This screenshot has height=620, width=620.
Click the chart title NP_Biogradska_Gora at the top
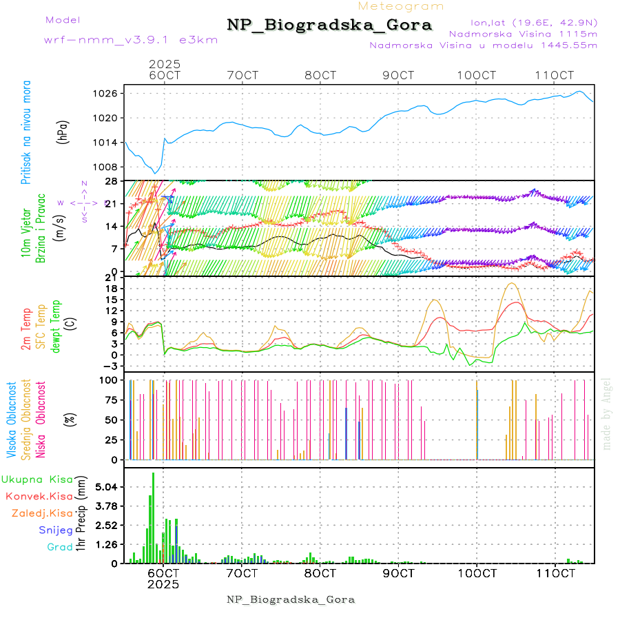tap(329, 25)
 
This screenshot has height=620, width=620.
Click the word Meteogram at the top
tap(402, 6)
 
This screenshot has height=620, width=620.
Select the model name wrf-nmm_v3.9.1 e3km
tap(130, 39)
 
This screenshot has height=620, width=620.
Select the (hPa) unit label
tap(63, 132)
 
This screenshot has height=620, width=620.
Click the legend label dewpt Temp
tap(56, 326)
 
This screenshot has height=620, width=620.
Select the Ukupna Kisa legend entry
tap(37, 479)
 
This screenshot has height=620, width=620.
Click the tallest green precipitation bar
tap(154, 517)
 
